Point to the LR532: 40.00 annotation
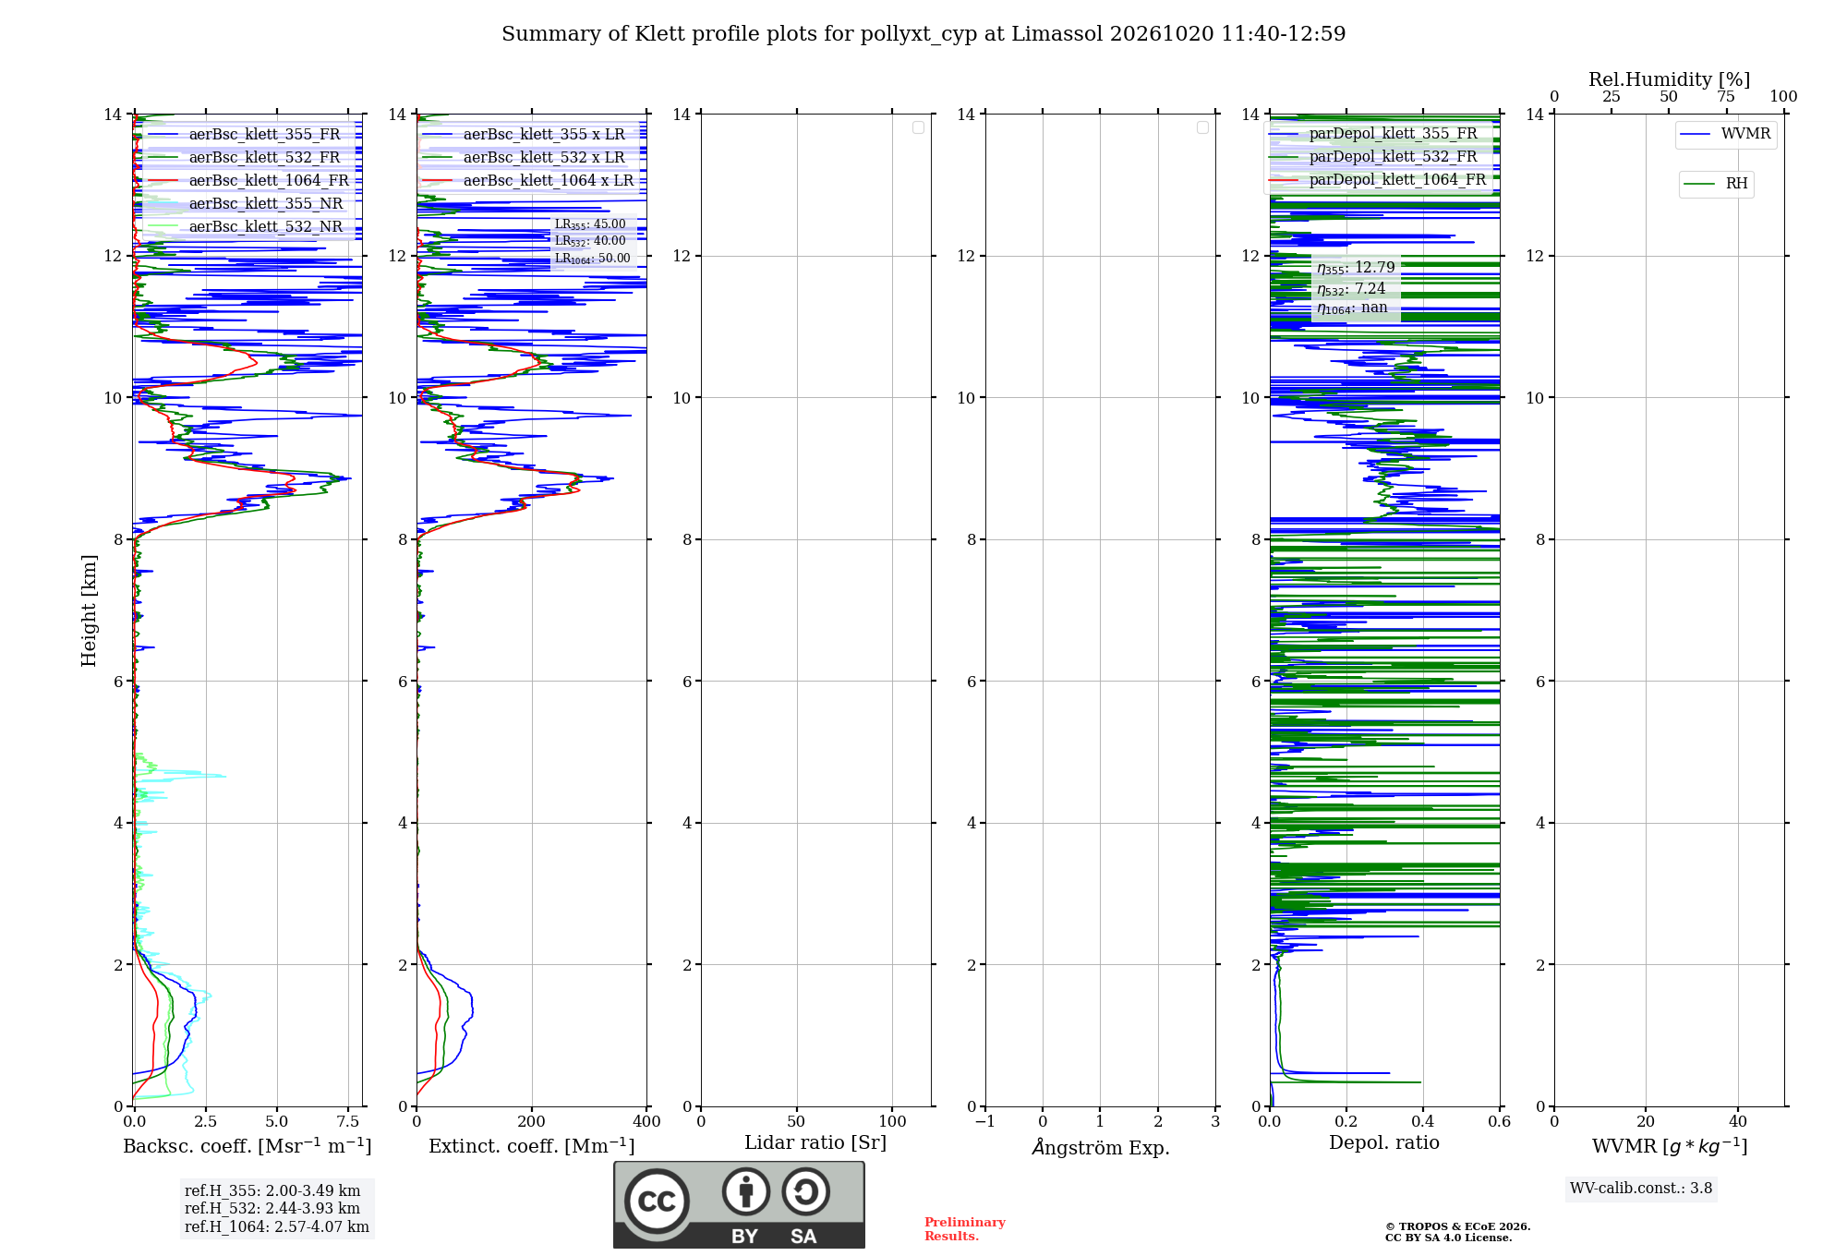[590, 241]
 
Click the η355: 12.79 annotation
[1356, 268]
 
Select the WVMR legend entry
[1725, 134]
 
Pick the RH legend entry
[1716, 184]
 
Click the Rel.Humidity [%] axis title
[1669, 79]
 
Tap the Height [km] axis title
[89, 610]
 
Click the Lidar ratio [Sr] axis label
[815, 1143]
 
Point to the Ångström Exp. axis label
[1100, 1147]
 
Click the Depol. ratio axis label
[1384, 1143]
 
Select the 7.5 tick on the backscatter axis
[348, 1121]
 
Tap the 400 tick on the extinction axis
[646, 1121]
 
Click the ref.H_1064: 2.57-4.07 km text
[277, 1227]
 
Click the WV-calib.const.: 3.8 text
[1641, 1189]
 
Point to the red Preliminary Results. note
[965, 1229]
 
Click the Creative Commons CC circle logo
[657, 1202]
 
